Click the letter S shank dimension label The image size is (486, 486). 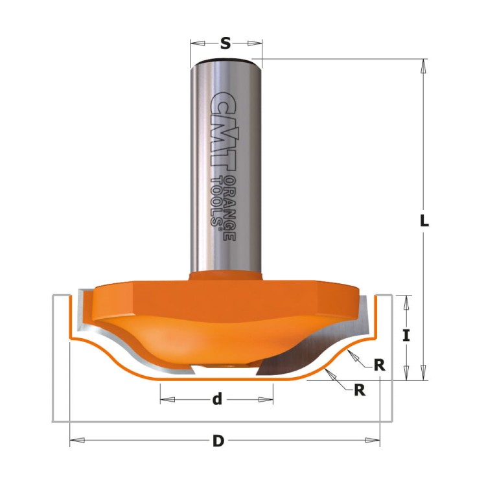pos(226,43)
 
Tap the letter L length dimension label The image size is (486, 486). pos(424,221)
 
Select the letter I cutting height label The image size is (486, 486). pos(406,336)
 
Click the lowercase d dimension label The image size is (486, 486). pos(217,399)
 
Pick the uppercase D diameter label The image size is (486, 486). pos(218,441)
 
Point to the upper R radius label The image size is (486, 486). pos(379,365)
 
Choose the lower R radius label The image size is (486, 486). pos(360,390)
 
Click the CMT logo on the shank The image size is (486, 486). pos(224,131)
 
